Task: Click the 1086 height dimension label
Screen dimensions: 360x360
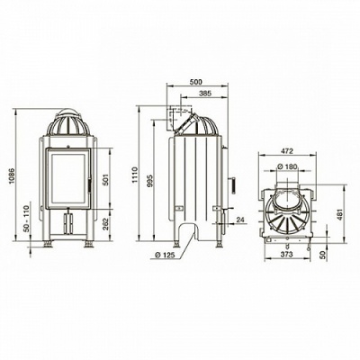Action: [x=12, y=176]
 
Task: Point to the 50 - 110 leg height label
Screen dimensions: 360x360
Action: [x=26, y=218]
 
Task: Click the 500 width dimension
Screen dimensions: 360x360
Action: [x=197, y=81]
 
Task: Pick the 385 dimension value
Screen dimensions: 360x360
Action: [x=205, y=94]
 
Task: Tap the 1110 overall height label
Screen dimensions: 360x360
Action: [x=135, y=175]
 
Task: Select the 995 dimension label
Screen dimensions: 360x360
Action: [x=151, y=181]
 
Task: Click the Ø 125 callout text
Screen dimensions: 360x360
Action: [x=165, y=255]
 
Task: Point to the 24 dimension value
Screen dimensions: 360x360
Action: [x=240, y=220]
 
